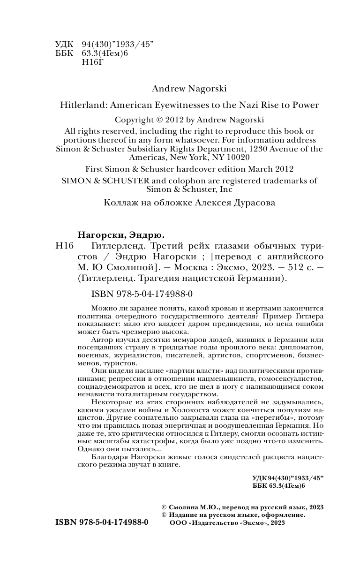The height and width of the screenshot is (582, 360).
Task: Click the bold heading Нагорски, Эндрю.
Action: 121,235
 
